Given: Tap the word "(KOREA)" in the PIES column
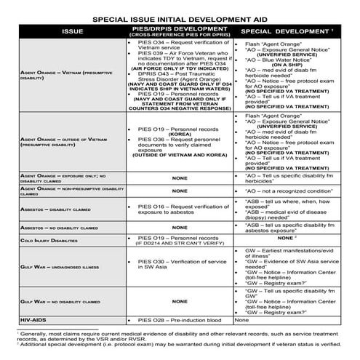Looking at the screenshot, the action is [x=179, y=135].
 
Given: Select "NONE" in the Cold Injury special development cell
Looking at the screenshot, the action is [x=288, y=237].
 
